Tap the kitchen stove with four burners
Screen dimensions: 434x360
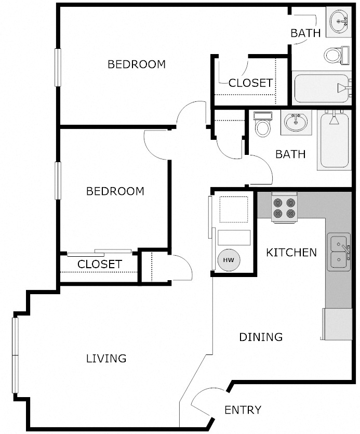[x=285, y=208]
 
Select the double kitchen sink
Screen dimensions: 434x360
[x=338, y=252]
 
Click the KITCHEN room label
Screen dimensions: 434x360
[x=291, y=253]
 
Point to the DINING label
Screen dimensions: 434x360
[x=261, y=337]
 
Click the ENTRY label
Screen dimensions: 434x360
[x=243, y=410]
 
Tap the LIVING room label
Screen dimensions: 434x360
[x=106, y=358]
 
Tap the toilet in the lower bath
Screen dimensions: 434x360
[x=263, y=125]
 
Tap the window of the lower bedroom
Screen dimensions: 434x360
[x=58, y=179]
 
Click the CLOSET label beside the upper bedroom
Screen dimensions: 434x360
[x=250, y=83]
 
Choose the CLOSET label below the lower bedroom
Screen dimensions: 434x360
[x=99, y=264]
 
